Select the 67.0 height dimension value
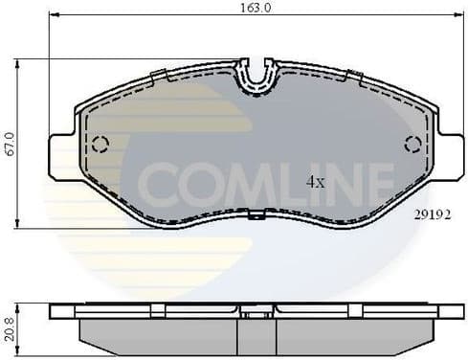9,145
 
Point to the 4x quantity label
317,180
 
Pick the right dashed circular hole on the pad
413,145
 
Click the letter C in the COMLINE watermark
155,180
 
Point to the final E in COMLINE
380,180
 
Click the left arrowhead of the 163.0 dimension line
53,15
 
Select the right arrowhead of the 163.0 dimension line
458,15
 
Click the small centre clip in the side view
256,312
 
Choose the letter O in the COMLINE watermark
195,180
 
